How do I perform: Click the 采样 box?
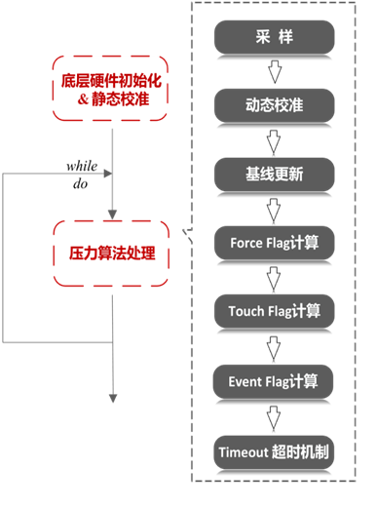pos(274,38)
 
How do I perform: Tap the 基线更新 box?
pos(274,174)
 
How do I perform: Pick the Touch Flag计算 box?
pos(274,311)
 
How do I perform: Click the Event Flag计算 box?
pos(274,381)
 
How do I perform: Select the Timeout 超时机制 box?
pos(274,451)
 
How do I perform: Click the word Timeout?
pos(243,452)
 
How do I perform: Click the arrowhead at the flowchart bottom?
pos(112,398)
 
